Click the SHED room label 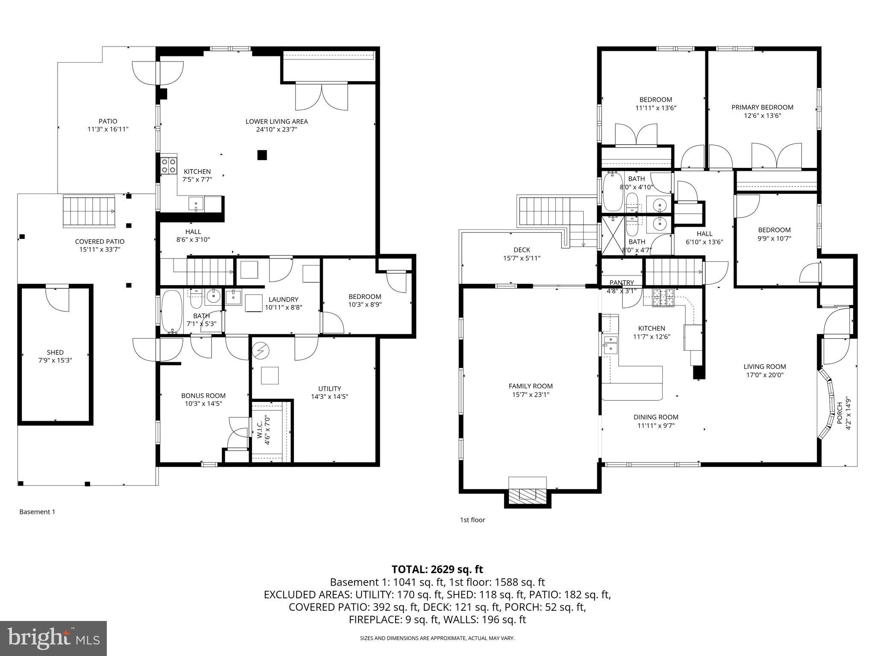coord(55,352)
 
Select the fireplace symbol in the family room coord(528,495)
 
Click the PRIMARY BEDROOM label coord(762,107)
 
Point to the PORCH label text coord(840,413)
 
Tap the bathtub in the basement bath coord(172,310)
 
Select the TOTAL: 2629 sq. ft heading coord(437,569)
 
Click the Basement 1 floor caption coord(37,512)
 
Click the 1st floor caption coord(472,520)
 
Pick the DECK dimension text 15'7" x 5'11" coord(522,258)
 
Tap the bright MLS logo coord(53,638)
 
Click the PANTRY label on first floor coord(622,282)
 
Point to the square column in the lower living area coord(262,155)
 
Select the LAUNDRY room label coord(283,299)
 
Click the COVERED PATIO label coord(100,241)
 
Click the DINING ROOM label coord(656,417)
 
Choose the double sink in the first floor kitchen coord(610,344)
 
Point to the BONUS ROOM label coord(203,395)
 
